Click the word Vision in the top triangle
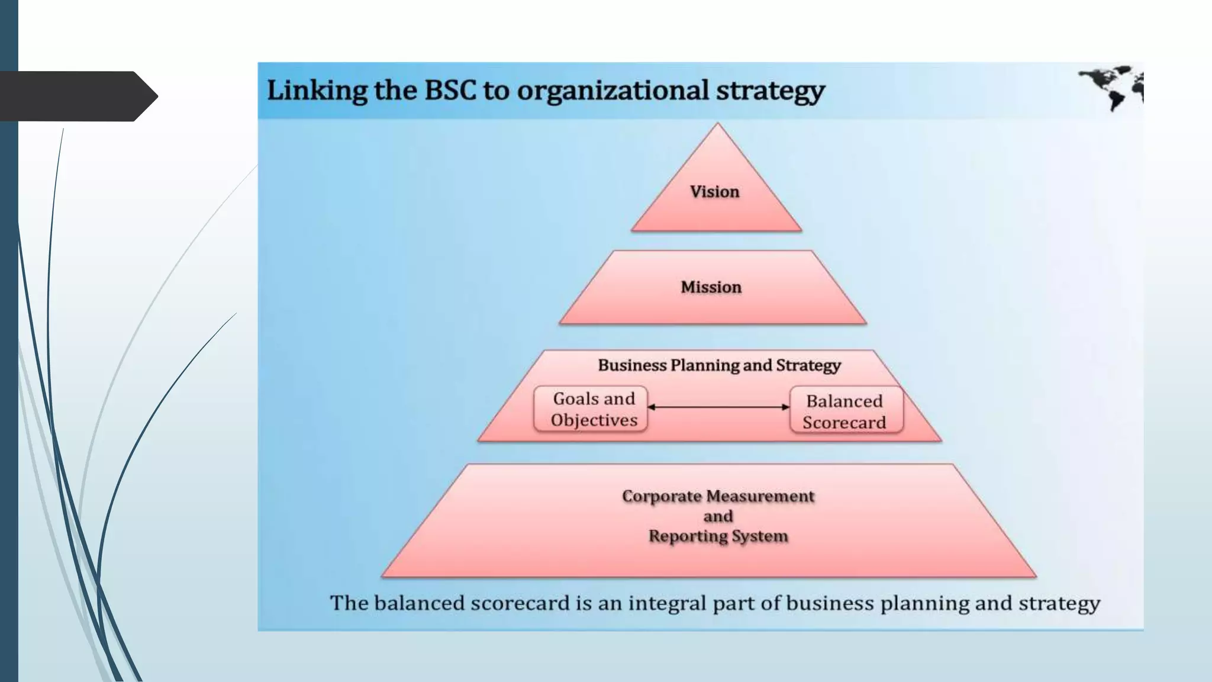[x=714, y=192]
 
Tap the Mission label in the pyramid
[x=711, y=287]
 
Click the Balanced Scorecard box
[x=846, y=411]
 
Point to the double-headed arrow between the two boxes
[x=718, y=407]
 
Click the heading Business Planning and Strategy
[x=719, y=365]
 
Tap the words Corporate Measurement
[x=718, y=496]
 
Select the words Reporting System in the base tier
[x=718, y=536]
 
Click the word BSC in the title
[x=450, y=91]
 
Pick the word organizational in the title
[x=613, y=91]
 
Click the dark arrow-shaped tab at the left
[x=77, y=96]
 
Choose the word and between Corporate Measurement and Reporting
[x=718, y=516]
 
